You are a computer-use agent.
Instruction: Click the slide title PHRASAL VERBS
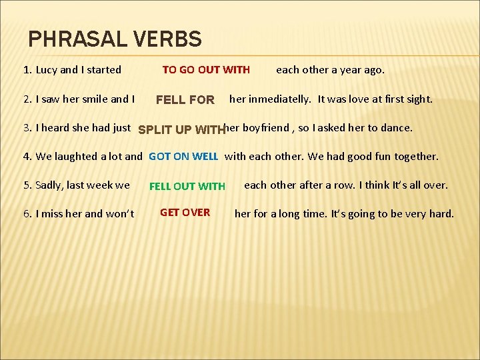pos(115,39)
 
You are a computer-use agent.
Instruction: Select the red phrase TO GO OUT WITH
pos(206,69)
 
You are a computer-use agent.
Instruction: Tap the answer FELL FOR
pos(185,100)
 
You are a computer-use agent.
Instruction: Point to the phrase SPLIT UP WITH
pos(180,129)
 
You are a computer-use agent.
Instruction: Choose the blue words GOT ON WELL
pos(183,157)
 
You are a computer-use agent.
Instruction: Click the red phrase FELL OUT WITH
pos(187,186)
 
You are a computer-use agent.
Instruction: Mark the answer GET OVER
pos(185,213)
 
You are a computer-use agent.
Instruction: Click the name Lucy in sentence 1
pos(47,69)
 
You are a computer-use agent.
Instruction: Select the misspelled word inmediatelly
pos(279,99)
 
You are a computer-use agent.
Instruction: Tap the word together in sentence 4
pos(415,157)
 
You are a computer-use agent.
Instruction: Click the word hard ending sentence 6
pos(441,213)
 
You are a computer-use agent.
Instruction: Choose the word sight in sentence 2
pos(417,99)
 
